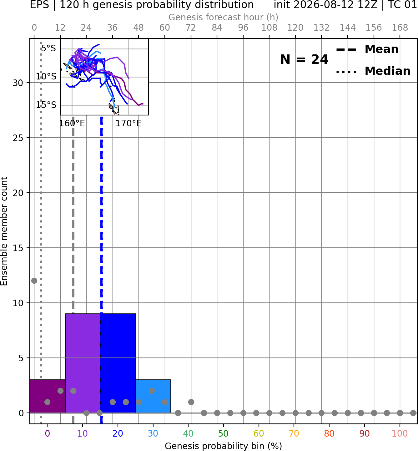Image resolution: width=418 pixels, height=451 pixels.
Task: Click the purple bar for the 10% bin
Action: pos(83,363)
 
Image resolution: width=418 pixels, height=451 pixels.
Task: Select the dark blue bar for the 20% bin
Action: pos(118,363)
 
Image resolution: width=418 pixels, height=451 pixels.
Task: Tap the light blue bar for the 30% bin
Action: pos(153,396)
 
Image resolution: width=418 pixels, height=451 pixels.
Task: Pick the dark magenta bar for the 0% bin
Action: pos(48,396)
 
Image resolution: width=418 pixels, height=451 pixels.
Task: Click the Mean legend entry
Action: pos(367,49)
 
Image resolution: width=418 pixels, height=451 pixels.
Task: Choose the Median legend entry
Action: pos(373,71)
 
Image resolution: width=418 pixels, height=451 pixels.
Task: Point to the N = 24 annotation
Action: pos(304,59)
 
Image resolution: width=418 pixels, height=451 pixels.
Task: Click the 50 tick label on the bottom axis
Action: pos(223,433)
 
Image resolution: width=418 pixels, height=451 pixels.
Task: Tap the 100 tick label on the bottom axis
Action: pos(400,433)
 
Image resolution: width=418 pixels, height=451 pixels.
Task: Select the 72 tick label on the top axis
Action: pos(191,28)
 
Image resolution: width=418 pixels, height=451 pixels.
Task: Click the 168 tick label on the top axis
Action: pos(400,28)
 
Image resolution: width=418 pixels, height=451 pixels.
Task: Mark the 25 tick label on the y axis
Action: pos(18,138)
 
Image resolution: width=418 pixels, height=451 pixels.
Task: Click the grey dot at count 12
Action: pos(34,281)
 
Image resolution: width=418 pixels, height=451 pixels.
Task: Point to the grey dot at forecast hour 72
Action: pos(191,402)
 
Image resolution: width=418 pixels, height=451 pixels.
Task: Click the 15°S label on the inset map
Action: pos(46,105)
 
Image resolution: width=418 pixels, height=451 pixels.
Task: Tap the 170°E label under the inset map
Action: pos(128,124)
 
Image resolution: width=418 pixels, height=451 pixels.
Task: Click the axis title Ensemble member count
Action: pos(4,231)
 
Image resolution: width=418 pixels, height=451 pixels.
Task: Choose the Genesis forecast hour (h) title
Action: pos(223,17)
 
